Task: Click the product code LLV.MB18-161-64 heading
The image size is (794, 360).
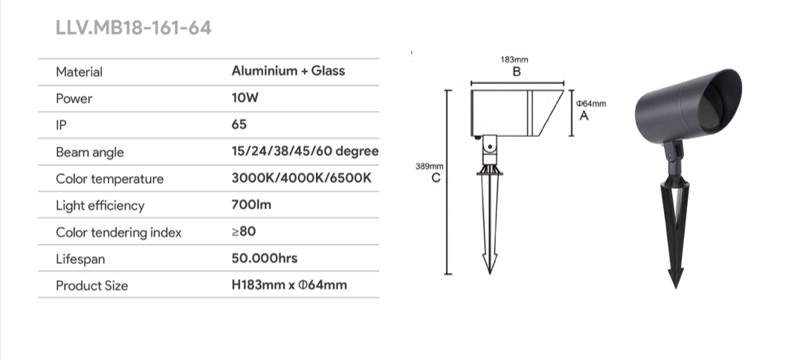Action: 133,28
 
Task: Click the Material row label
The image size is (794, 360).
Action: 79,72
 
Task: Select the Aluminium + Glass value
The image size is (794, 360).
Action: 288,71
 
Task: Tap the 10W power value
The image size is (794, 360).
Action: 245,97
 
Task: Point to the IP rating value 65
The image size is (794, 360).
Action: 239,124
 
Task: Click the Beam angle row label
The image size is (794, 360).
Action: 90,152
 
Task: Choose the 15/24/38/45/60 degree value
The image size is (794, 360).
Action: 305,152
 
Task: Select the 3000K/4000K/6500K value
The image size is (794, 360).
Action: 301,179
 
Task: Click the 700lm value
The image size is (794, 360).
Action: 251,205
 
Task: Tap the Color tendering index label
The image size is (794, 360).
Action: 118,232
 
